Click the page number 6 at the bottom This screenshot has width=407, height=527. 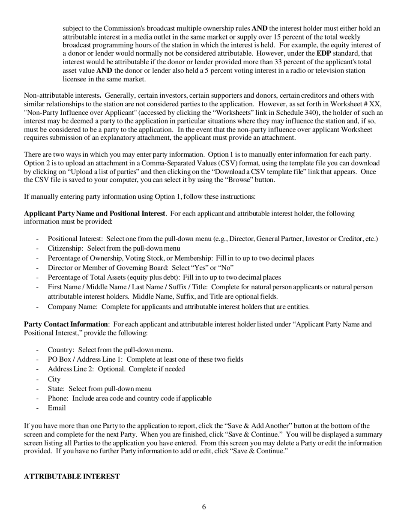click(x=204, y=507)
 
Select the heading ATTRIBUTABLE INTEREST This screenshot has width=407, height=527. click(x=72, y=476)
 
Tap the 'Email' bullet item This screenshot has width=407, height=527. click(x=57, y=408)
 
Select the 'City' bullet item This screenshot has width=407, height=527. click(x=54, y=379)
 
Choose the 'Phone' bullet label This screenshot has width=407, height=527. click(x=58, y=398)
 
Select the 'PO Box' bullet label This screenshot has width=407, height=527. click(x=59, y=359)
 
